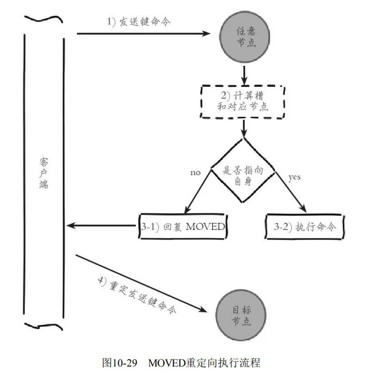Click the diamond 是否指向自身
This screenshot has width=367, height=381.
[243, 170]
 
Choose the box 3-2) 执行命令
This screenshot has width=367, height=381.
[304, 227]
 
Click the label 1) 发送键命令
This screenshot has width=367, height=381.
[130, 23]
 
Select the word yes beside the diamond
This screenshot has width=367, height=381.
[295, 177]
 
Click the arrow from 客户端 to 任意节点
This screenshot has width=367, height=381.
[145, 33]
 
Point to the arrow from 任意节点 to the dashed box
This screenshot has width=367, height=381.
[244, 73]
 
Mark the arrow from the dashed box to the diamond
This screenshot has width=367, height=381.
[244, 128]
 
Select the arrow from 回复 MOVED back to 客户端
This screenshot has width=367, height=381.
[102, 226]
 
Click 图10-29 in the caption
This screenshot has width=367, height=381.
[120, 363]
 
